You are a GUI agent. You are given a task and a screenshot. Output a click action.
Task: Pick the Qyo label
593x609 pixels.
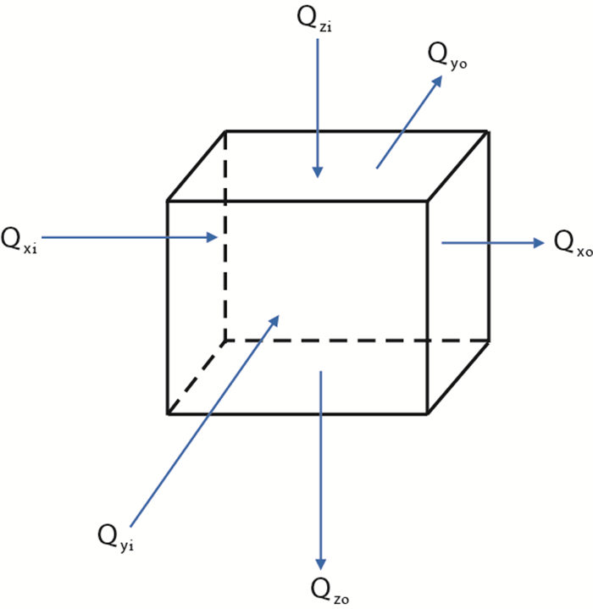(447, 56)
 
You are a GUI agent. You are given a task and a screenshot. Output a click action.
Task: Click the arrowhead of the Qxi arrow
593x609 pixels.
(213, 238)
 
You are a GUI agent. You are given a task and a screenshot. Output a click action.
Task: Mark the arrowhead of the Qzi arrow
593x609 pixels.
(318, 172)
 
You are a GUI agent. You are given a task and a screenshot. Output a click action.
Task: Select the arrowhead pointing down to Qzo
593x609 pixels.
(320, 563)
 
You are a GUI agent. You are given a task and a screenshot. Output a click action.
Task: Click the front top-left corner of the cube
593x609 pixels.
(167, 201)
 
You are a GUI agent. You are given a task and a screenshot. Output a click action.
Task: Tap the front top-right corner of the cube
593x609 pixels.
(425, 201)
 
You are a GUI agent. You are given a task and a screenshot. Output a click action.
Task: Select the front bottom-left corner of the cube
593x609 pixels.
(167, 414)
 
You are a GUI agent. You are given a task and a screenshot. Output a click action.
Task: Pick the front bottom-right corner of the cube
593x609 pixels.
(425, 414)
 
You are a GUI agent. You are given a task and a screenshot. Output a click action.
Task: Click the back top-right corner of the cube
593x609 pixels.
(488, 130)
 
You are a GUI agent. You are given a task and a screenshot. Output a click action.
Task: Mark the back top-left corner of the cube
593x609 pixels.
(225, 130)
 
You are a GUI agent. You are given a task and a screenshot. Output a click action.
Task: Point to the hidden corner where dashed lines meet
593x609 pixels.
(225, 340)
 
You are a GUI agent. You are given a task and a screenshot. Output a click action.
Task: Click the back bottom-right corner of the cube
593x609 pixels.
(488, 340)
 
